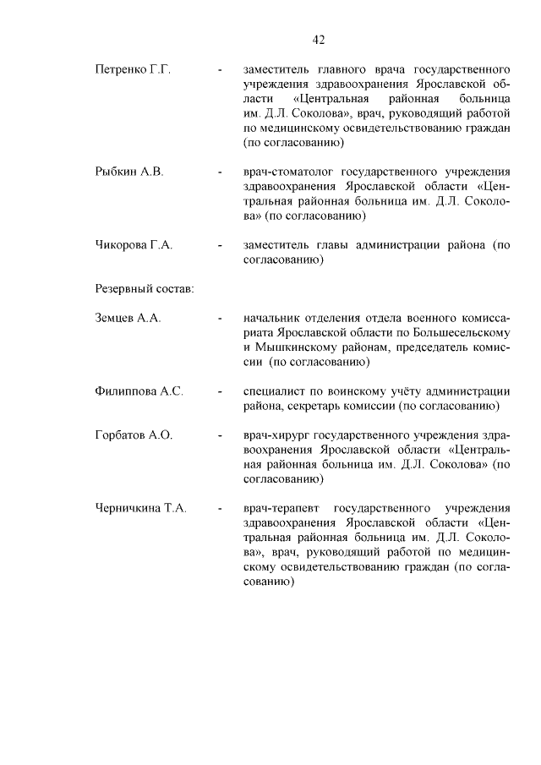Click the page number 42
(x=319, y=39)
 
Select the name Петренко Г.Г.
(x=133, y=69)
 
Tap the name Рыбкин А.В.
(x=129, y=172)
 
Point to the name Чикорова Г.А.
(x=134, y=245)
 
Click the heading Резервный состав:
(x=144, y=289)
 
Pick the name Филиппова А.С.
(x=139, y=391)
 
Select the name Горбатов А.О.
(x=134, y=435)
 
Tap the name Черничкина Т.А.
(x=141, y=508)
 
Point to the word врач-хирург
(x=275, y=435)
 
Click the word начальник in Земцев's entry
(x=272, y=318)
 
